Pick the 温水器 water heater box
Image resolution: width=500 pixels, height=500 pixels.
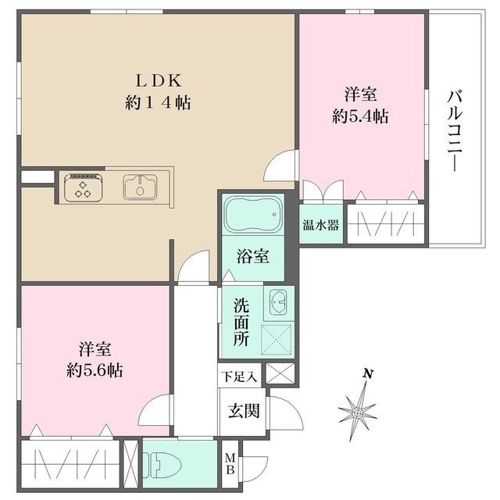321,226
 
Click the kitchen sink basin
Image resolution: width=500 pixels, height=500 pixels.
141,187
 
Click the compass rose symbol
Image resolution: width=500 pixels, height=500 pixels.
357,409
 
